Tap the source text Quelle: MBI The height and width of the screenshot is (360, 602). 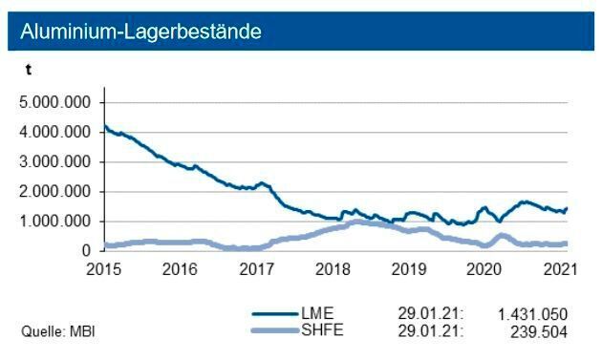point(58,331)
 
